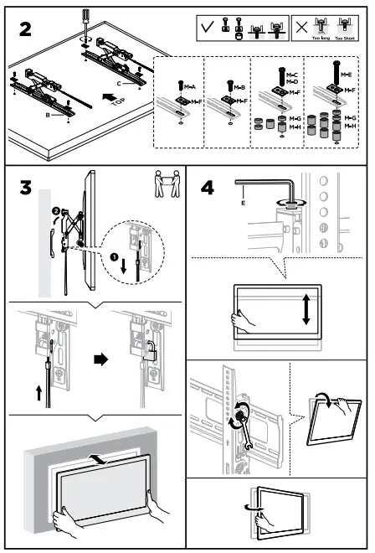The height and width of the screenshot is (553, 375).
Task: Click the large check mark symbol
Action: point(207,28)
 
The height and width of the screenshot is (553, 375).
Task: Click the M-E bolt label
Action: point(346,74)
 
